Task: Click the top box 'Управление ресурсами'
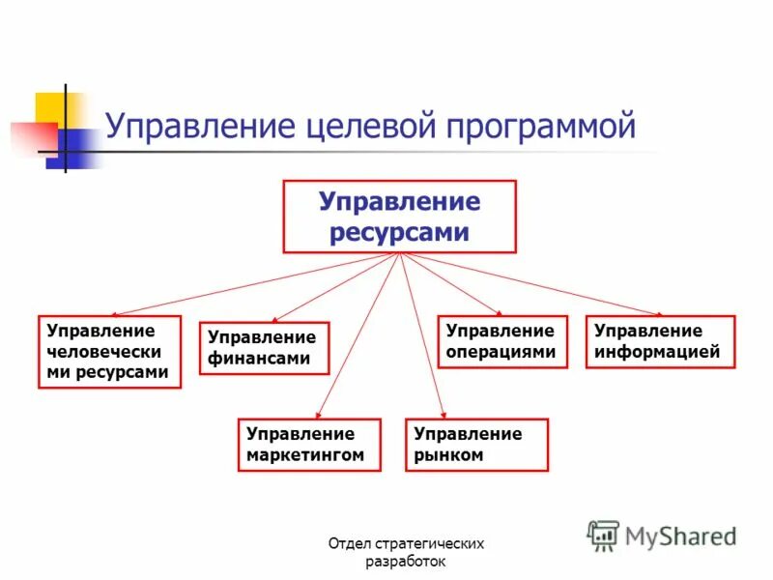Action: (x=399, y=217)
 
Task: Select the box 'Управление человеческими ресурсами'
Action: (x=109, y=351)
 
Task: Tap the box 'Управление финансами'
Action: (x=264, y=348)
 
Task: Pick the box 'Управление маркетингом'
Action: (x=310, y=444)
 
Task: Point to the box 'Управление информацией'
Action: (x=660, y=341)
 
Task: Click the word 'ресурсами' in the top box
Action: (x=399, y=232)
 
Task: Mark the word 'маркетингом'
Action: (x=305, y=454)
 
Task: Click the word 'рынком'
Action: (x=448, y=454)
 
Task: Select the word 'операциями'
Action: (x=501, y=352)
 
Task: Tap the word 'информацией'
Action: (x=657, y=352)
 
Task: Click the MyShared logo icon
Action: (x=604, y=535)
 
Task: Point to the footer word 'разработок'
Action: (x=406, y=562)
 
